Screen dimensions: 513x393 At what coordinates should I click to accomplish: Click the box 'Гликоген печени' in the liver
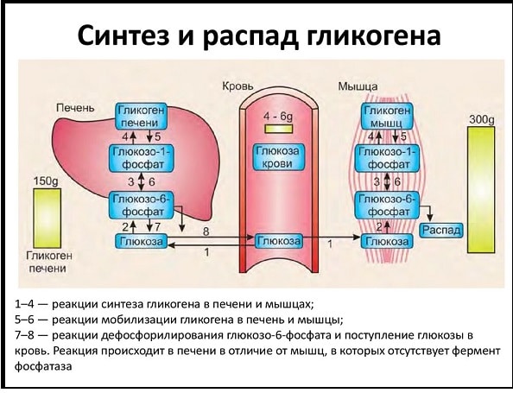pos(142,116)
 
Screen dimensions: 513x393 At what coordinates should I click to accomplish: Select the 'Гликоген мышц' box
pos(387,116)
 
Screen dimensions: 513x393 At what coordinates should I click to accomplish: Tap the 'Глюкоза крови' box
pos(278,157)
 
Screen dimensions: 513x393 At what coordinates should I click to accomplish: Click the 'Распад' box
pos(441,231)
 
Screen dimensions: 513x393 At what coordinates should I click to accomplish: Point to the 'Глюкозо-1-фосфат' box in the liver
pos(142,159)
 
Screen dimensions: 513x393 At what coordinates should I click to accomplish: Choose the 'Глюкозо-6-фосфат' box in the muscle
pos(388,206)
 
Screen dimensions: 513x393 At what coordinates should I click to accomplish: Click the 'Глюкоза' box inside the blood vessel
pos(279,241)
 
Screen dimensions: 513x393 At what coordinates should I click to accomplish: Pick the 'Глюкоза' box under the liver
pos(142,241)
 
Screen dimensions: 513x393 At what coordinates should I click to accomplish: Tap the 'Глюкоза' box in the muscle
pos(387,242)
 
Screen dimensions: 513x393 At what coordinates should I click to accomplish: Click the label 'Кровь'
pos(237,86)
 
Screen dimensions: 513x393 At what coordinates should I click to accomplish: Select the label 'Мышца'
pos(358,86)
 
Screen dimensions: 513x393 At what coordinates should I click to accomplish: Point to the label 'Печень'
pos(75,108)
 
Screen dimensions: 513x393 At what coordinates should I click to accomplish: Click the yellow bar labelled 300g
pos(481,190)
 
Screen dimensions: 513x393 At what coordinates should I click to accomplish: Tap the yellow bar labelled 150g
pos(47,219)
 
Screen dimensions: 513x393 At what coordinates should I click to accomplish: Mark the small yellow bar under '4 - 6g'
pos(278,129)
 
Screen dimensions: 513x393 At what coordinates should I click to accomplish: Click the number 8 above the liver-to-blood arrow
pos(206,231)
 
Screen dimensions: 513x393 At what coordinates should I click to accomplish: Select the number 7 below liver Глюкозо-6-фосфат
pos(158,226)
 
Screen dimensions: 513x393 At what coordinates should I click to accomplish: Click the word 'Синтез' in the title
pos(123,35)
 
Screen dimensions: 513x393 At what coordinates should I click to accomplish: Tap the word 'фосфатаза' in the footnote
pos(43,366)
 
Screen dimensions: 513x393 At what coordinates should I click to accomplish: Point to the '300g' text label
pos(482,120)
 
